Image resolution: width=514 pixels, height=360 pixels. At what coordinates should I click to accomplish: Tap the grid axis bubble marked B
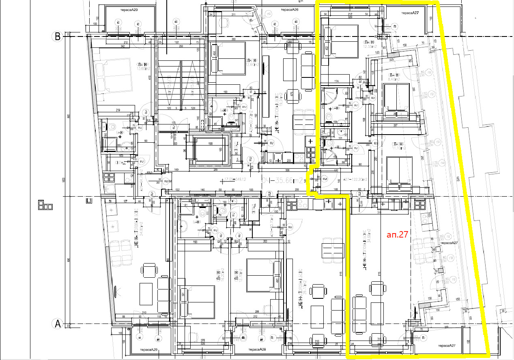(x=58, y=36)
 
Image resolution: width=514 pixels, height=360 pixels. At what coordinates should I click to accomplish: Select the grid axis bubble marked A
(x=58, y=324)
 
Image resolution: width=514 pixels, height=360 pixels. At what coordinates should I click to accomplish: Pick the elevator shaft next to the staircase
(x=211, y=150)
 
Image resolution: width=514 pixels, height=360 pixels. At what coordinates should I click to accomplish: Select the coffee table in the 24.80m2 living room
(x=146, y=292)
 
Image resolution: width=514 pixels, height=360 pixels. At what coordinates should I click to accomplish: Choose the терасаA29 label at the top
(x=129, y=9)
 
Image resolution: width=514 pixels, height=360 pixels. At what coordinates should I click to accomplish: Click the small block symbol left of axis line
(x=45, y=205)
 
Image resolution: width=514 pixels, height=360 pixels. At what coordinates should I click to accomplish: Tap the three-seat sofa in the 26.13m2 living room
(x=337, y=316)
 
